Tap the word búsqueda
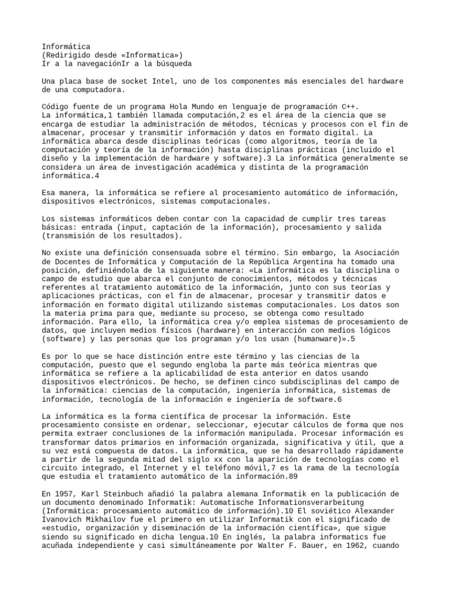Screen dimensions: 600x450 pyautogui.click(x=171, y=63)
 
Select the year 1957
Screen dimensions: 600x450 pyautogui.click(x=66, y=495)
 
